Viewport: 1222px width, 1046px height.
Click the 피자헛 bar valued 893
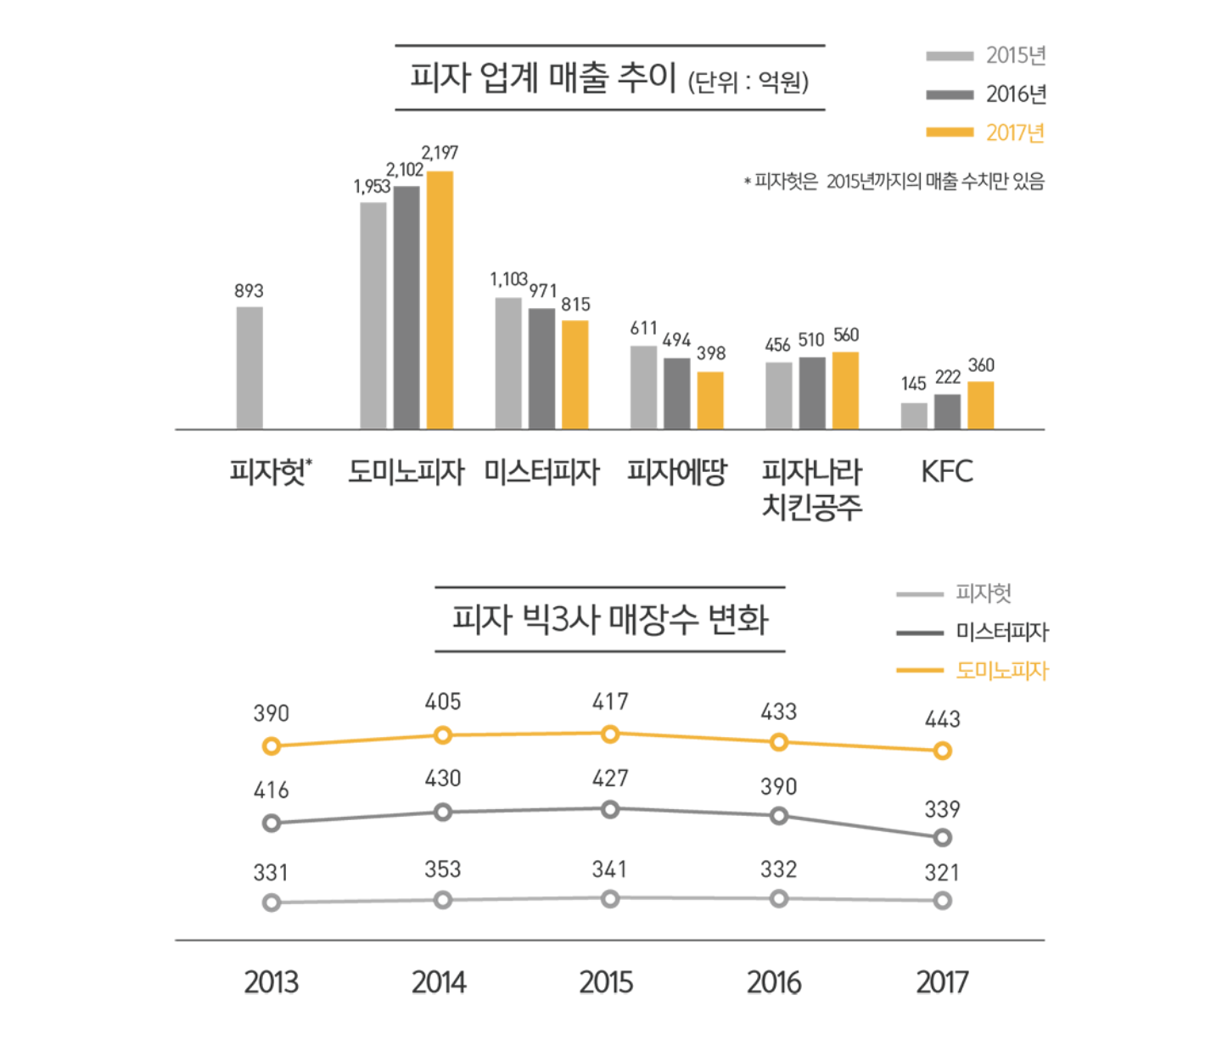coord(249,368)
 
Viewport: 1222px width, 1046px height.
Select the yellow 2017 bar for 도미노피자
coord(440,300)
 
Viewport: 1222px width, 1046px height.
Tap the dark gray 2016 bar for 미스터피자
coord(541,368)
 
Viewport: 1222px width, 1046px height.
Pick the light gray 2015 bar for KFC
coord(914,415)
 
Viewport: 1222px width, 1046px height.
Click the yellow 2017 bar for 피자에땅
coord(710,400)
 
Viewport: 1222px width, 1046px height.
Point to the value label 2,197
coord(440,153)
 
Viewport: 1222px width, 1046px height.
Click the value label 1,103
coord(508,279)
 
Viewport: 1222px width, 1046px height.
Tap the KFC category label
coord(947,472)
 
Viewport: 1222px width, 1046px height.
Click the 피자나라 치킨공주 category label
coord(812,488)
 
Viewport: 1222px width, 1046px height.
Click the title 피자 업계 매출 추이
coord(543,78)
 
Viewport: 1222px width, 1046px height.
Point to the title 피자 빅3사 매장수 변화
coord(609,619)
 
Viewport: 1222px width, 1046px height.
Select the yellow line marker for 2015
coord(610,734)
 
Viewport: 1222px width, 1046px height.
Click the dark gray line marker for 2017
coord(942,837)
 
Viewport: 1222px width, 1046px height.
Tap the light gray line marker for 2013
coord(272,903)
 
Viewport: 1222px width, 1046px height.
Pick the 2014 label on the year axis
coord(439,982)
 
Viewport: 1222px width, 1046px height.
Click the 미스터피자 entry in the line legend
coord(1001,632)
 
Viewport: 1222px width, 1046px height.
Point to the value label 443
coord(942,719)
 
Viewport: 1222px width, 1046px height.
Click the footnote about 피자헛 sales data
coord(894,181)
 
